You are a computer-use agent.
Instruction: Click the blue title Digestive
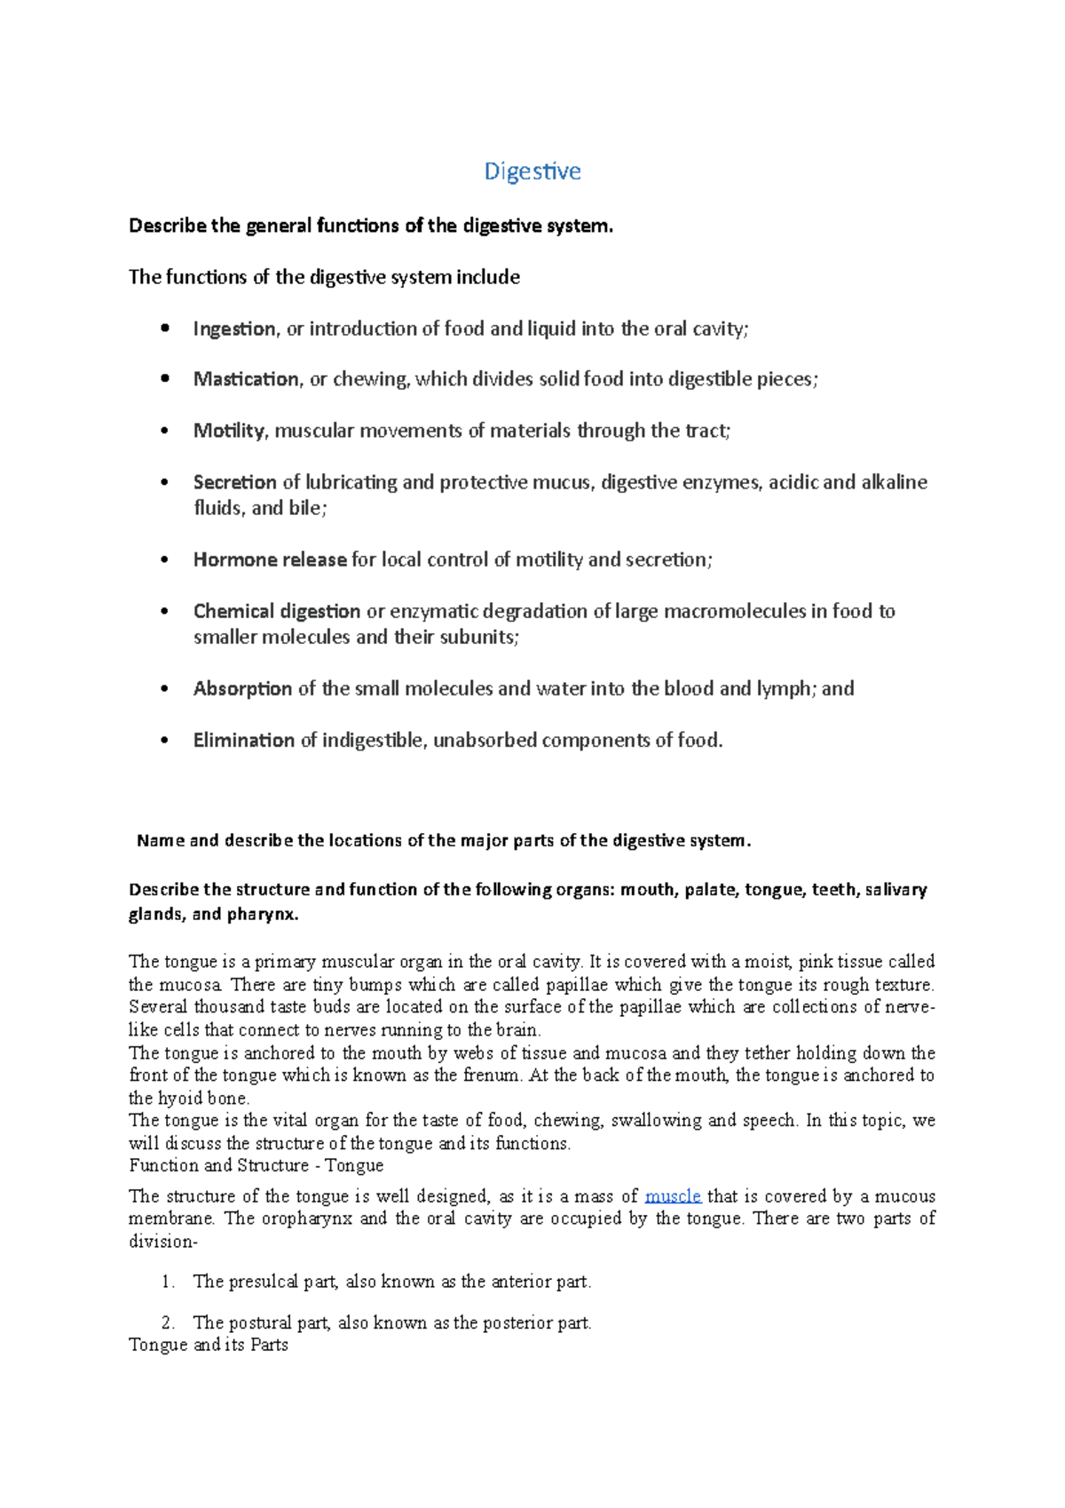point(532,171)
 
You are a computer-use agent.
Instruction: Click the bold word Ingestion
point(234,329)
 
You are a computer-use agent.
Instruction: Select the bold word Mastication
point(246,379)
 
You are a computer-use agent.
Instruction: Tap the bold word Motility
point(228,431)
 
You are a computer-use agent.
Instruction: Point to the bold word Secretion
point(234,482)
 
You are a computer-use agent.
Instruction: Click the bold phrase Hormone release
point(269,560)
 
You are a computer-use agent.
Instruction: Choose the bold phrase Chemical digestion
point(276,611)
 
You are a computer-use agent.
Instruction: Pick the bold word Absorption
point(242,688)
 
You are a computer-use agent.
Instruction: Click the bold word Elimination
point(243,740)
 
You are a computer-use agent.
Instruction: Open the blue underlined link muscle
point(672,1196)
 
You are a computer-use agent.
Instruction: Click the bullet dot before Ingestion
point(164,329)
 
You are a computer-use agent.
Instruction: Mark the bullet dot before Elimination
point(164,740)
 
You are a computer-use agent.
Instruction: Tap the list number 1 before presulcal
point(167,1282)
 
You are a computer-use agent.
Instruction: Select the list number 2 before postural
point(168,1322)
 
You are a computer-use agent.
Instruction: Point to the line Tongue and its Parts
point(208,1345)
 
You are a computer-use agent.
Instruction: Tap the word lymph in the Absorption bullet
point(783,688)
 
